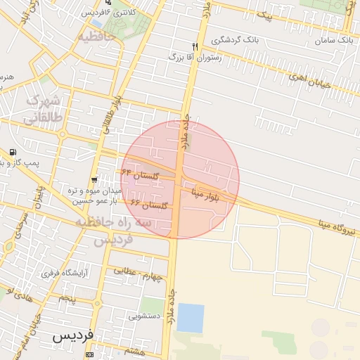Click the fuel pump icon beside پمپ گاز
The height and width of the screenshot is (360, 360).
[x=13, y=153]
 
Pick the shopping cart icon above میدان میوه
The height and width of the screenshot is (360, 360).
[x=96, y=180]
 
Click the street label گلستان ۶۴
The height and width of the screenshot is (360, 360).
[x=140, y=173]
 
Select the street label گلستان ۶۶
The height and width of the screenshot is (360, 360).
[x=149, y=204]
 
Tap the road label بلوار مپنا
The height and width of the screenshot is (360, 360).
[x=210, y=191]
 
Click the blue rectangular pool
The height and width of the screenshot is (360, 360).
[x=191, y=318]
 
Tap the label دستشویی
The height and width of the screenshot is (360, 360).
[x=143, y=316]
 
